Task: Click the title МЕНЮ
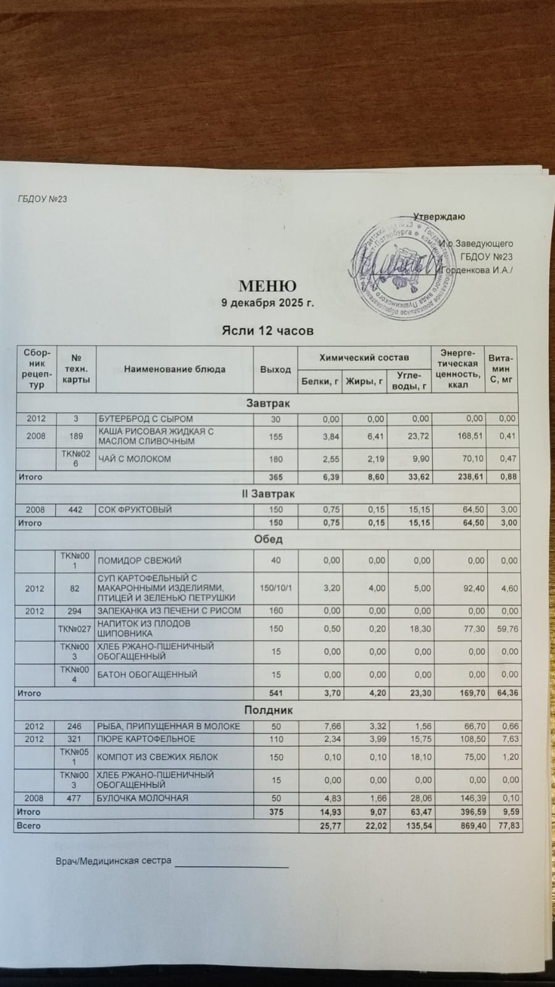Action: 267,286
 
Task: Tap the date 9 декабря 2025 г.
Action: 268,303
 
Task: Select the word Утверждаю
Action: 439,217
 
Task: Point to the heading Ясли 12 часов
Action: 267,331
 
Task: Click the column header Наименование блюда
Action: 175,369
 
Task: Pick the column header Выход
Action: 275,369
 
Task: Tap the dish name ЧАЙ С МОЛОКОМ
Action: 135,459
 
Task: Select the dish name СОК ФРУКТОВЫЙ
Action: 135,510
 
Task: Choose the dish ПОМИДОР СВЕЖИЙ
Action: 140,560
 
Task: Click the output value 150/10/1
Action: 275,588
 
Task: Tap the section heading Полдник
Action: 268,710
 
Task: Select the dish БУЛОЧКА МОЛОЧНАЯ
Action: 143,798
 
